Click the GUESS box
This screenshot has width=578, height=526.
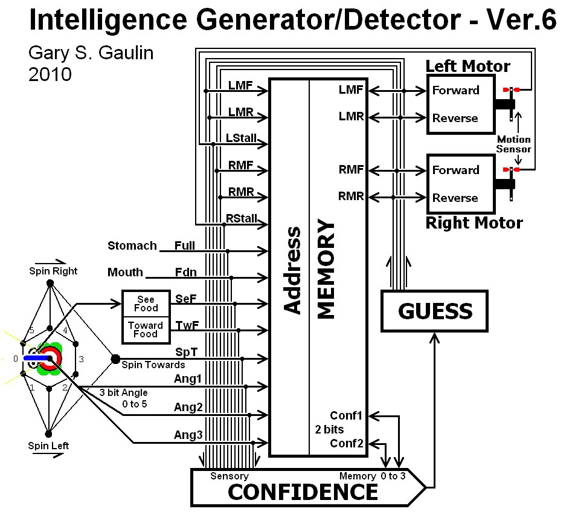click(434, 311)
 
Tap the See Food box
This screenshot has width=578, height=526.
click(146, 304)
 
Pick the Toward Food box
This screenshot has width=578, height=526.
click(146, 330)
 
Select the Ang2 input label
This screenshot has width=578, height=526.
click(188, 407)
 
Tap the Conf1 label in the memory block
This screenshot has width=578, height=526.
click(347, 416)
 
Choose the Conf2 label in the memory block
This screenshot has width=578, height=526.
click(347, 444)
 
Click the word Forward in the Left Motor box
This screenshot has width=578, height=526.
click(455, 91)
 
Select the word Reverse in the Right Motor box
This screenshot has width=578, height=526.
click(455, 198)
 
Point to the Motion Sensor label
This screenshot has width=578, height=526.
click(514, 144)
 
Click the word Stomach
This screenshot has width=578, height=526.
click(132, 245)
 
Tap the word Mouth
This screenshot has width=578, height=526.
click(125, 272)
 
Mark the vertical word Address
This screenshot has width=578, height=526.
click(292, 270)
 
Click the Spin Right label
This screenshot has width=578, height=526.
click(53, 271)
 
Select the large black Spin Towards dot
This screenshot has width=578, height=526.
click(115, 359)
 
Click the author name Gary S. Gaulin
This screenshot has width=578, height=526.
click(91, 53)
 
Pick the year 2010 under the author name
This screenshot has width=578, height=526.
click(50, 74)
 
